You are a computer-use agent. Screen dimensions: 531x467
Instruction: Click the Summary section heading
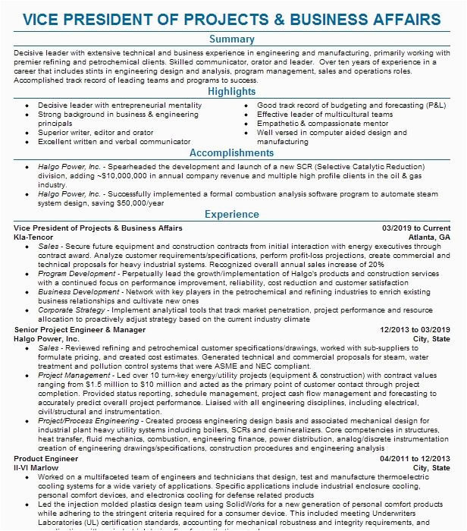tap(233, 39)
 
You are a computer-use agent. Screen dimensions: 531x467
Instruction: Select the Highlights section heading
tap(233, 92)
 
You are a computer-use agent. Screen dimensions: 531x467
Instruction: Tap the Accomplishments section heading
tap(233, 152)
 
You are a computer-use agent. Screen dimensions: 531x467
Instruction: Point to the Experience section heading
tap(233, 215)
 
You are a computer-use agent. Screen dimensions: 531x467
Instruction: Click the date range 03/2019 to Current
tap(416, 228)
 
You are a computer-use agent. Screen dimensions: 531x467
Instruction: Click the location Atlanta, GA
tap(429, 237)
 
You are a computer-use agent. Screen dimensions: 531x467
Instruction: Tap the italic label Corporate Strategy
tap(72, 310)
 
